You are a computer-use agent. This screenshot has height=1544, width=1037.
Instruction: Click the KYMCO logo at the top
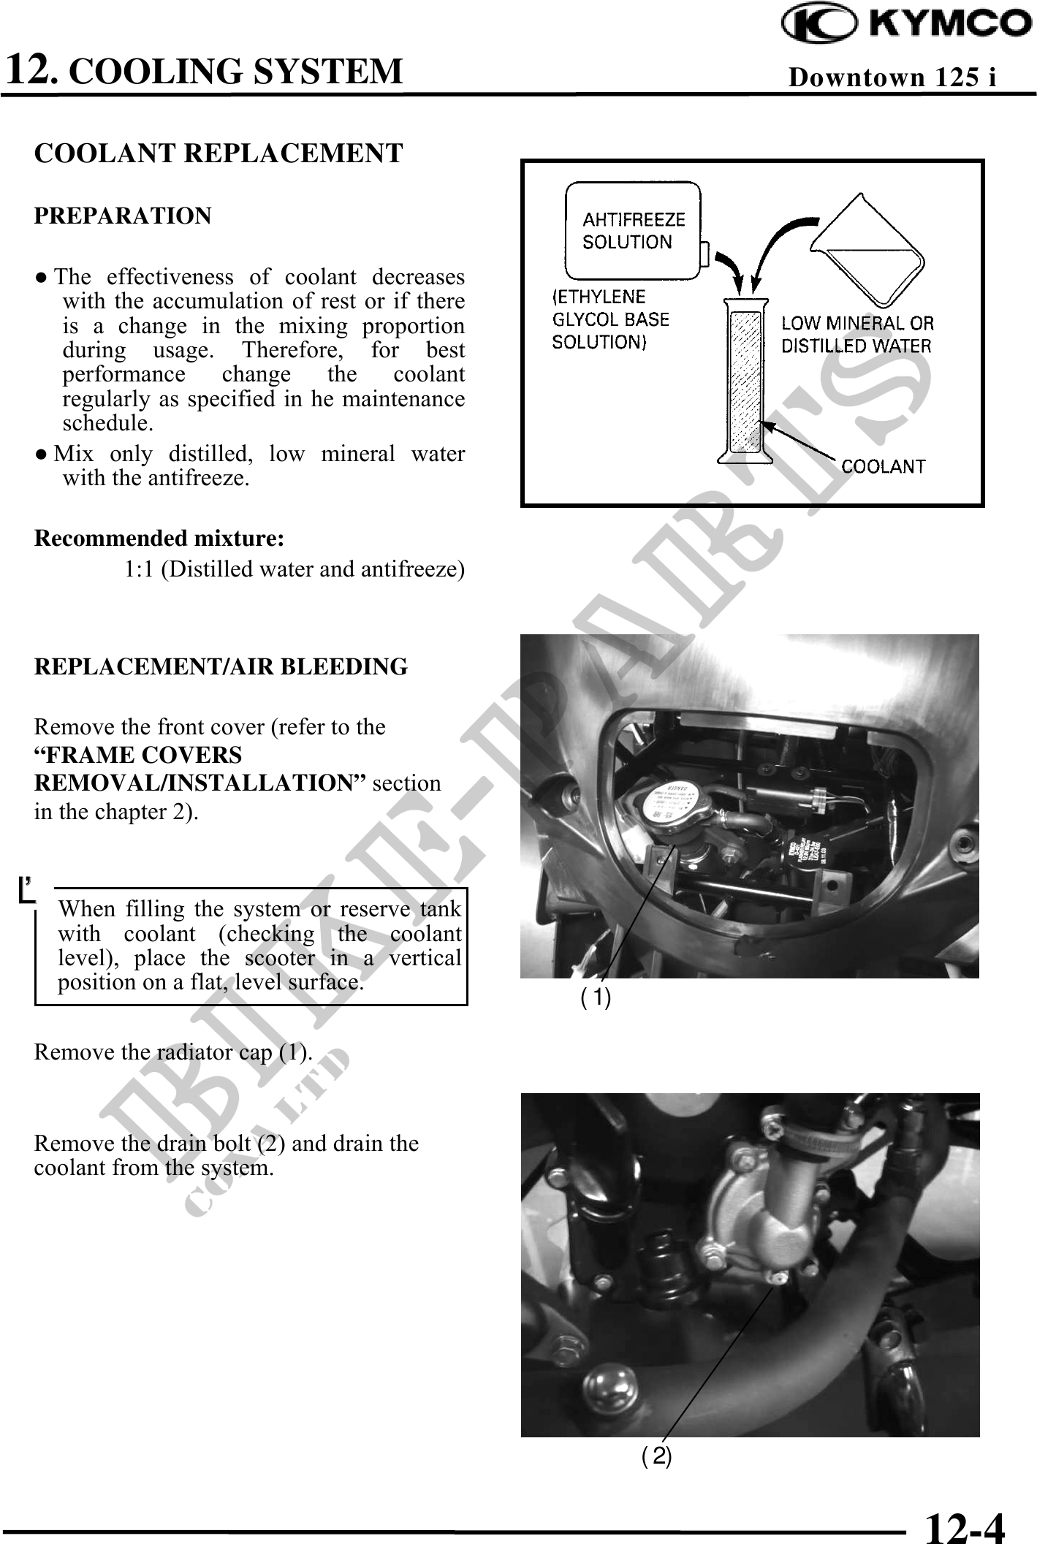pyautogui.click(x=906, y=26)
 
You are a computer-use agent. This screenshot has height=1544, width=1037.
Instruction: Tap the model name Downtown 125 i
pyautogui.click(x=892, y=77)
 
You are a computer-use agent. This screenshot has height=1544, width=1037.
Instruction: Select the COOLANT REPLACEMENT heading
pyautogui.click(x=219, y=153)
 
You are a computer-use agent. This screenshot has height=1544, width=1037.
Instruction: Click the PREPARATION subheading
pyautogui.click(x=123, y=216)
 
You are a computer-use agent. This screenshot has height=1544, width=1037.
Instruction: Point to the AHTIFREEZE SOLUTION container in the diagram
pyautogui.click(x=633, y=230)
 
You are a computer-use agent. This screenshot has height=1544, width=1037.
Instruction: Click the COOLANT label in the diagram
pyautogui.click(x=883, y=466)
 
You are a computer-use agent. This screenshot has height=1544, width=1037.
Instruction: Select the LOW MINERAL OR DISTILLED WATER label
pyautogui.click(x=857, y=334)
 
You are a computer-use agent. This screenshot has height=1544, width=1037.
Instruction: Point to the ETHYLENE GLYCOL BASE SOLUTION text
pyautogui.click(x=609, y=319)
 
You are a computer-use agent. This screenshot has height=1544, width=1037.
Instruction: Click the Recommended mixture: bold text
pyautogui.click(x=159, y=539)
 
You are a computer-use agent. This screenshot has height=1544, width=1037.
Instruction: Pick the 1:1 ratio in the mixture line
pyautogui.click(x=138, y=568)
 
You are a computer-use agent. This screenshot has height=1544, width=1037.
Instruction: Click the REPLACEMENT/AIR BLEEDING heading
pyautogui.click(x=221, y=667)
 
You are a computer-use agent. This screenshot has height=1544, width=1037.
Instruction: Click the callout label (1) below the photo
pyautogui.click(x=596, y=997)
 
